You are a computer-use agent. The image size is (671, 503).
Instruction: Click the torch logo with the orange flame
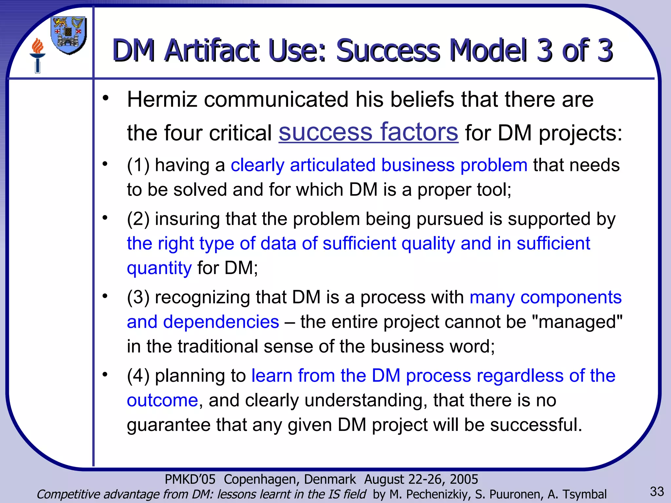(37, 55)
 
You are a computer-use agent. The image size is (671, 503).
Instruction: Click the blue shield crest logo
(69, 35)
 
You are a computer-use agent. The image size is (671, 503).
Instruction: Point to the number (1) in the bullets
(138, 165)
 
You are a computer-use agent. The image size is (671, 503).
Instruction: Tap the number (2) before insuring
(138, 219)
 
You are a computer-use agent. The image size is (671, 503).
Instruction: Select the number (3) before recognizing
(138, 297)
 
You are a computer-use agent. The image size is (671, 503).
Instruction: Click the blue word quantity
(159, 268)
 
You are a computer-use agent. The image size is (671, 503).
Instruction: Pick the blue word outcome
(162, 400)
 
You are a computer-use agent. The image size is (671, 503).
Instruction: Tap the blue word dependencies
(221, 322)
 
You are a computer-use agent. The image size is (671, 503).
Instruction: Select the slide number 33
(657, 492)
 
